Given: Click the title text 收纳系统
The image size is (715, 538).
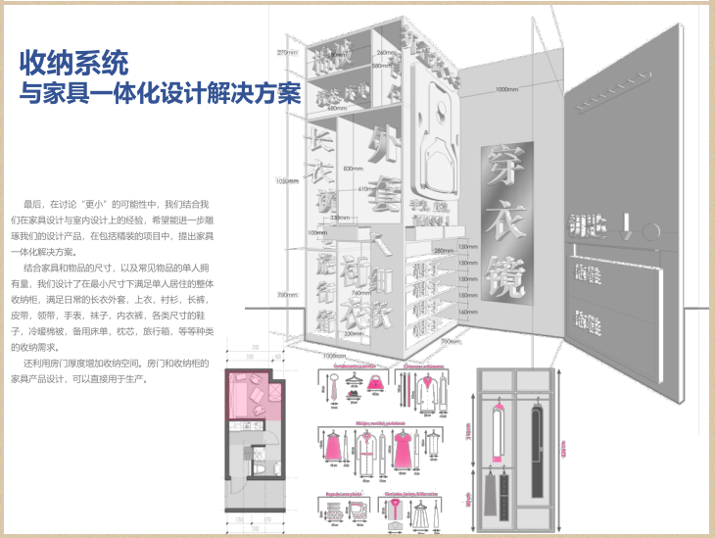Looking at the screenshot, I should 73,65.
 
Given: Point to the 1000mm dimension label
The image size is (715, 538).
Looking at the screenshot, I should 506,90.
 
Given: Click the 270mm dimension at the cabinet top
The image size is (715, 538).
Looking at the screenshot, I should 287,52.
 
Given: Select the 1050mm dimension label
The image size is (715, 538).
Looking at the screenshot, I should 286,181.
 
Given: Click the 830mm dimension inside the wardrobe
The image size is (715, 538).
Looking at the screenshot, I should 354,168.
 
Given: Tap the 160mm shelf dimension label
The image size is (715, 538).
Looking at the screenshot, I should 469,312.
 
